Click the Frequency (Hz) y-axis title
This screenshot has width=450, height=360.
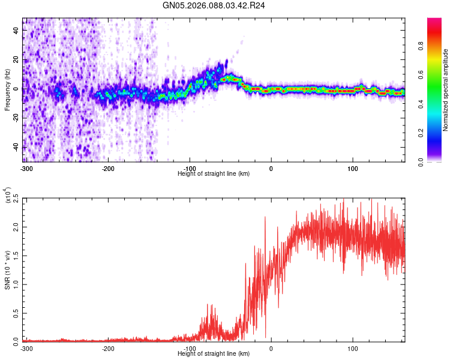7,90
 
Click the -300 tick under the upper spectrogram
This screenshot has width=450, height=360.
26,167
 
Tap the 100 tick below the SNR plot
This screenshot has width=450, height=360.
353,347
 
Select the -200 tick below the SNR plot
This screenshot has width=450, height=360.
108,347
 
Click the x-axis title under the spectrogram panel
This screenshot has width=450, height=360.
214,173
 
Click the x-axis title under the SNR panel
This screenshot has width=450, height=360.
214,353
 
